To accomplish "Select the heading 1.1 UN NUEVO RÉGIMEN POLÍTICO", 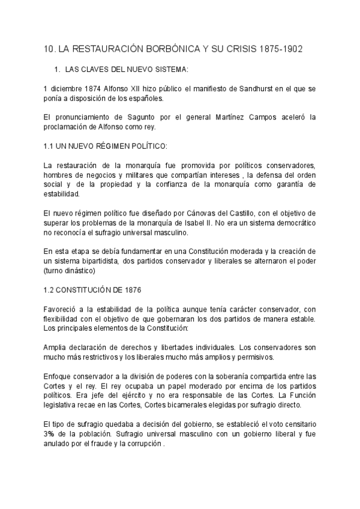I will click(x=106, y=146).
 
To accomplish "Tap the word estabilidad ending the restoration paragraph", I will click(x=61, y=194).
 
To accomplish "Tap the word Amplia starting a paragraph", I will click(x=55, y=348).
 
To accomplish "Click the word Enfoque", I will click(x=58, y=376).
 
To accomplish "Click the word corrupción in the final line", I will click(x=142, y=443).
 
